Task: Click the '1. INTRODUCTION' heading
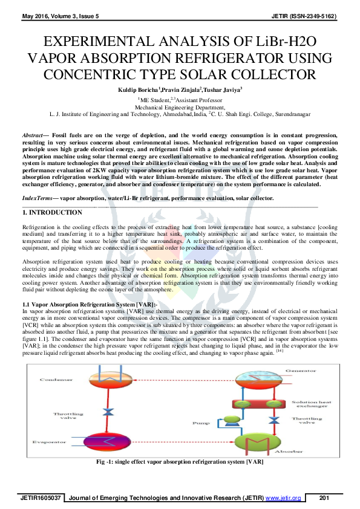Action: [x=52, y=213]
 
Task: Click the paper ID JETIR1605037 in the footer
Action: [x=41, y=497]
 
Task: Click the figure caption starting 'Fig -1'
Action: [x=180, y=462]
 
